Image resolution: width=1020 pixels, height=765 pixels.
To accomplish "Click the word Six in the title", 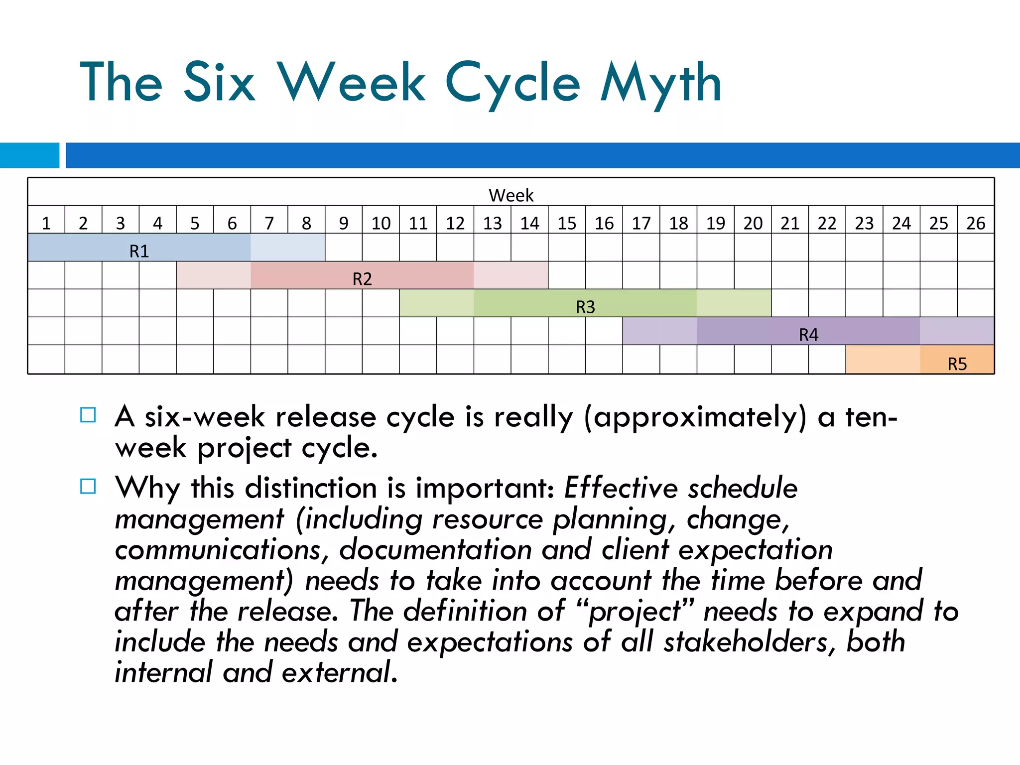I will (219, 82).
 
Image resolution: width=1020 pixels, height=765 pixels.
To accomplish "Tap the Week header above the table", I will (510, 195).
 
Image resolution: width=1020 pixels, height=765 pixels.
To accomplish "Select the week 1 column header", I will (46, 223).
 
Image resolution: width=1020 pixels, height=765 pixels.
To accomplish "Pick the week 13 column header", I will (492, 223).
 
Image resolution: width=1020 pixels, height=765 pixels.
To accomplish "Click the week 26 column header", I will (976, 223).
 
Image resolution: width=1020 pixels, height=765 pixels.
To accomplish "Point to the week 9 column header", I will (344, 223).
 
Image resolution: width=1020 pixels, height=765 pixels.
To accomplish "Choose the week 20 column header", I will (753, 223).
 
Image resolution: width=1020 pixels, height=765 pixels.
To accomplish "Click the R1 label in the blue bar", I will (139, 251).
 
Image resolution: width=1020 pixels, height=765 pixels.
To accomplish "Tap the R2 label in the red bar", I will (362, 279).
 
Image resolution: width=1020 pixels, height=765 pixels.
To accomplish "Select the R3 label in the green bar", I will (585, 307).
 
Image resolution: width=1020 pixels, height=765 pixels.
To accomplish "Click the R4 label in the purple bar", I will (808, 335).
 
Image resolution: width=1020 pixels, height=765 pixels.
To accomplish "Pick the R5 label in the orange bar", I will (957, 364).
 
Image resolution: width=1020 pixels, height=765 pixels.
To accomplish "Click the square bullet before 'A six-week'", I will (88, 415).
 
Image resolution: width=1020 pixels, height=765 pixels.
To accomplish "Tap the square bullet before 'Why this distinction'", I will (88, 486).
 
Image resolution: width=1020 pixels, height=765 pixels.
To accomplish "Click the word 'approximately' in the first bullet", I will (695, 417).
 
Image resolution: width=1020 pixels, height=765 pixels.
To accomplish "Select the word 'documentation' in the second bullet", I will (435, 550).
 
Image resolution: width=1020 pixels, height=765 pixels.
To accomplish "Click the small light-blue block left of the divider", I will (29, 155).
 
